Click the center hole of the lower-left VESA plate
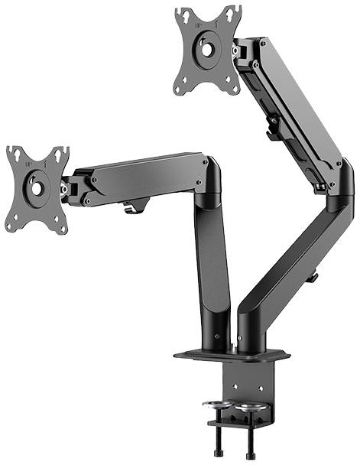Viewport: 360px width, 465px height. pos(37,187)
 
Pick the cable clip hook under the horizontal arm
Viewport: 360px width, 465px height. pos(135,206)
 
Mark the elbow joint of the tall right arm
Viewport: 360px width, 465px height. pos(336,191)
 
